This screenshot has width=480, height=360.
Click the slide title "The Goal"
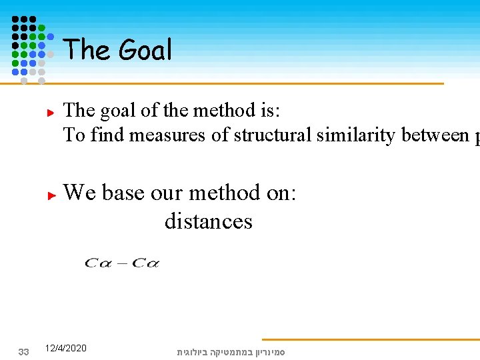coord(117,50)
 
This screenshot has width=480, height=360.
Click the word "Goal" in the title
coord(145,50)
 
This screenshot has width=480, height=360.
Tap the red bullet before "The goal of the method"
coord(50,113)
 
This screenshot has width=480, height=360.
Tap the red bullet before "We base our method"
coord(50,196)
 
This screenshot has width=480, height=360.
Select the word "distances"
coord(208,221)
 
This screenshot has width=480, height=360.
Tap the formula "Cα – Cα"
coord(122,263)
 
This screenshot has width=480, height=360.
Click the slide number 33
coord(23,351)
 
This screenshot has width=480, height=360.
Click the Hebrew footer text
coord(230,351)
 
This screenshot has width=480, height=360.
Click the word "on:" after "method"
coord(281,193)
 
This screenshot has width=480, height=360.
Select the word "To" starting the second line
coord(74,135)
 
